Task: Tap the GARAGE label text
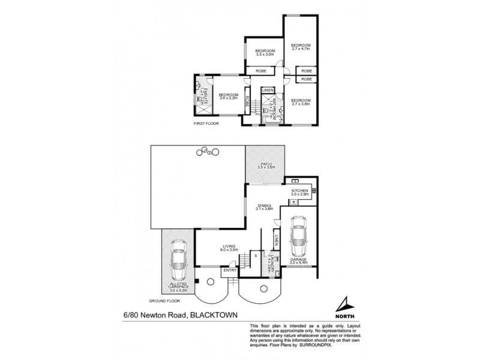coord(298,261)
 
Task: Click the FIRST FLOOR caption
coord(206,123)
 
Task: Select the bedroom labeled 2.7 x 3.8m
coord(301,101)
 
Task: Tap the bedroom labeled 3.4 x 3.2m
coord(228,96)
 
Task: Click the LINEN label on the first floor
coord(268,90)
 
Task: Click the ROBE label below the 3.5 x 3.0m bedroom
coord(262,71)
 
